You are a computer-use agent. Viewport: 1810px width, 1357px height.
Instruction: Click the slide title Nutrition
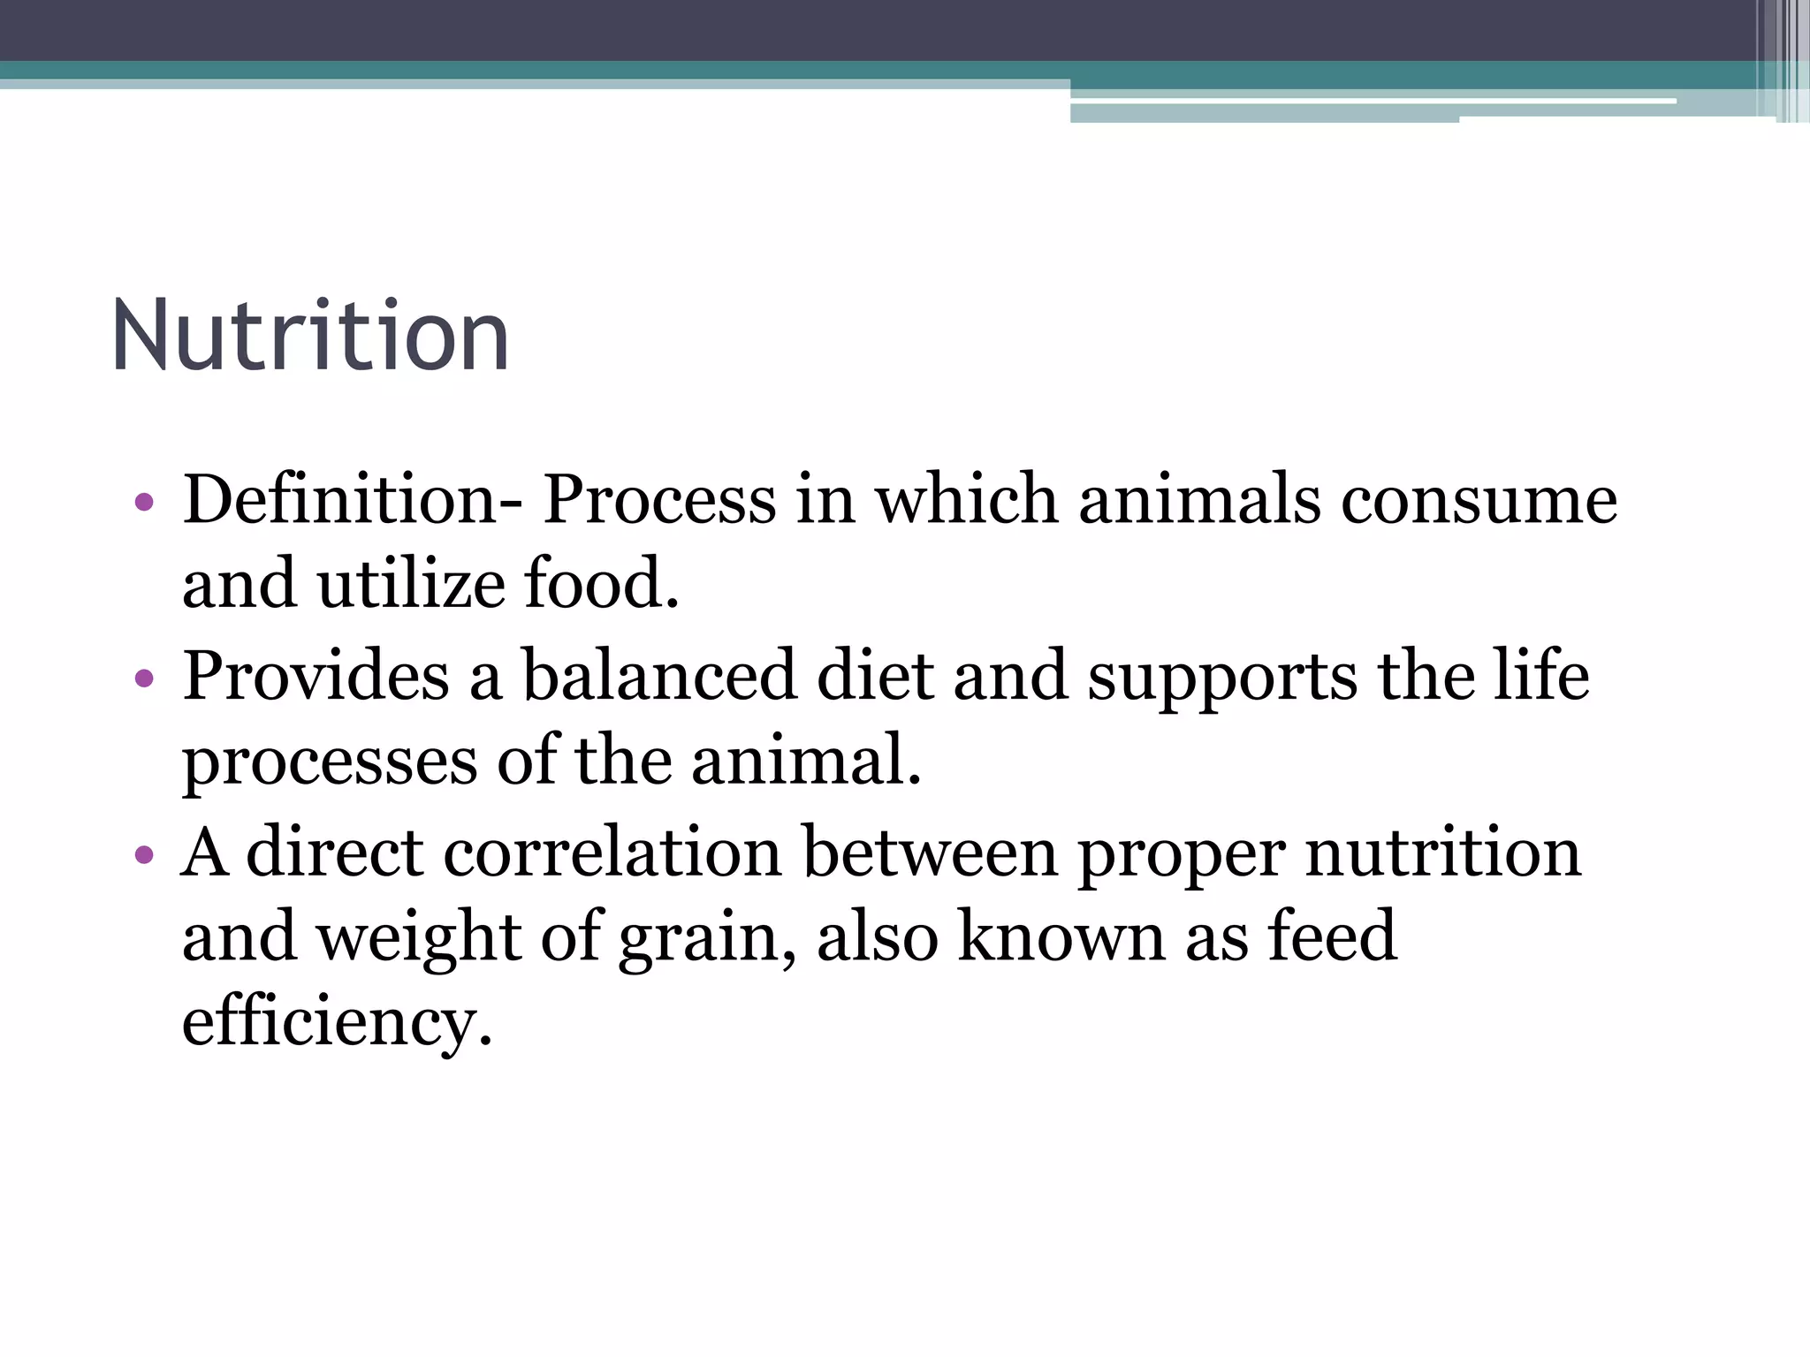coord(310,336)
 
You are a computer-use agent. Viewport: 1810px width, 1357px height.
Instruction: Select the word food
coord(601,585)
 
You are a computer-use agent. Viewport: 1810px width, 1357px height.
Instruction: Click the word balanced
coord(658,676)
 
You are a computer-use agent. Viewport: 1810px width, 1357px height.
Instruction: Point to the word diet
coord(875,676)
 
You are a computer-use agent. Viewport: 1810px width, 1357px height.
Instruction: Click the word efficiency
coord(336,1023)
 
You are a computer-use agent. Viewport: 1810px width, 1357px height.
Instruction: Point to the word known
coord(1061,936)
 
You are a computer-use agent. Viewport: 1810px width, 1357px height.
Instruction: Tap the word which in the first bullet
coord(967,500)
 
